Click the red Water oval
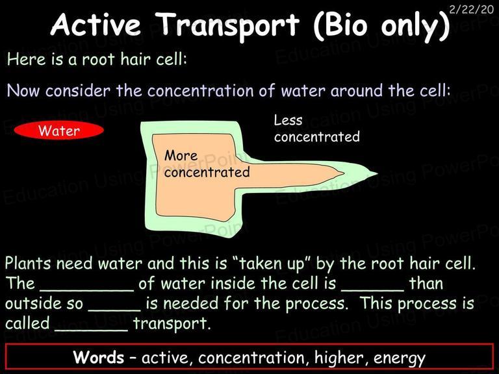point(59,131)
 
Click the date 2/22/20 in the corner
point(471,9)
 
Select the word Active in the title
point(96,24)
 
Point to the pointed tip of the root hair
point(377,173)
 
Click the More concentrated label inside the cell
point(207,164)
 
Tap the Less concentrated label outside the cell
point(317,129)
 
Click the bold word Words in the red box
point(98,357)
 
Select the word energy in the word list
point(400,358)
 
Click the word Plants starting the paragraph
point(28,264)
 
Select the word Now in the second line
point(23,91)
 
